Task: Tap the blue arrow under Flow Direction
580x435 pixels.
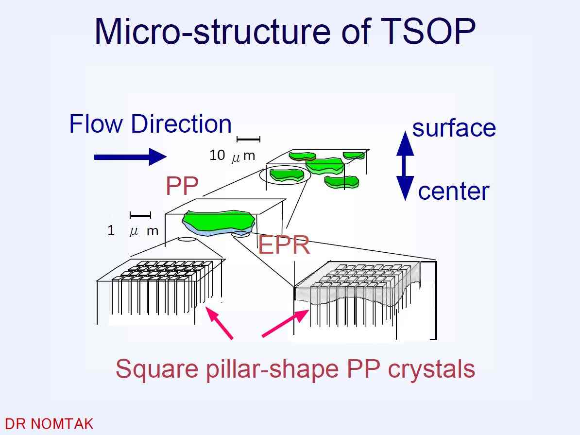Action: click(130, 157)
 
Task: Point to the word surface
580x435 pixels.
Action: click(454, 128)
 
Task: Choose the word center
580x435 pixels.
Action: click(454, 191)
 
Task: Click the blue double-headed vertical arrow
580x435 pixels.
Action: click(406, 166)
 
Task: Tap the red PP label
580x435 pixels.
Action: click(182, 186)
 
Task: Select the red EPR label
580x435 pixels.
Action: click(284, 245)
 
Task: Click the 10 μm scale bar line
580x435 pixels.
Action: click(249, 139)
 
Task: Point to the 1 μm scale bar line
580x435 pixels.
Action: click(140, 215)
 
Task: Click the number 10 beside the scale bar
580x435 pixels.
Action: click(217, 155)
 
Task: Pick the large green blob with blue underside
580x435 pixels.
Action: click(219, 223)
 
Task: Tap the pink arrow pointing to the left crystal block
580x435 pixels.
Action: click(220, 323)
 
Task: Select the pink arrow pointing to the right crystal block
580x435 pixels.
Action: click(285, 323)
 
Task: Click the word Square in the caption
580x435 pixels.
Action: click(157, 369)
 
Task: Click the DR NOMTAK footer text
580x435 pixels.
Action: click(49, 424)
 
